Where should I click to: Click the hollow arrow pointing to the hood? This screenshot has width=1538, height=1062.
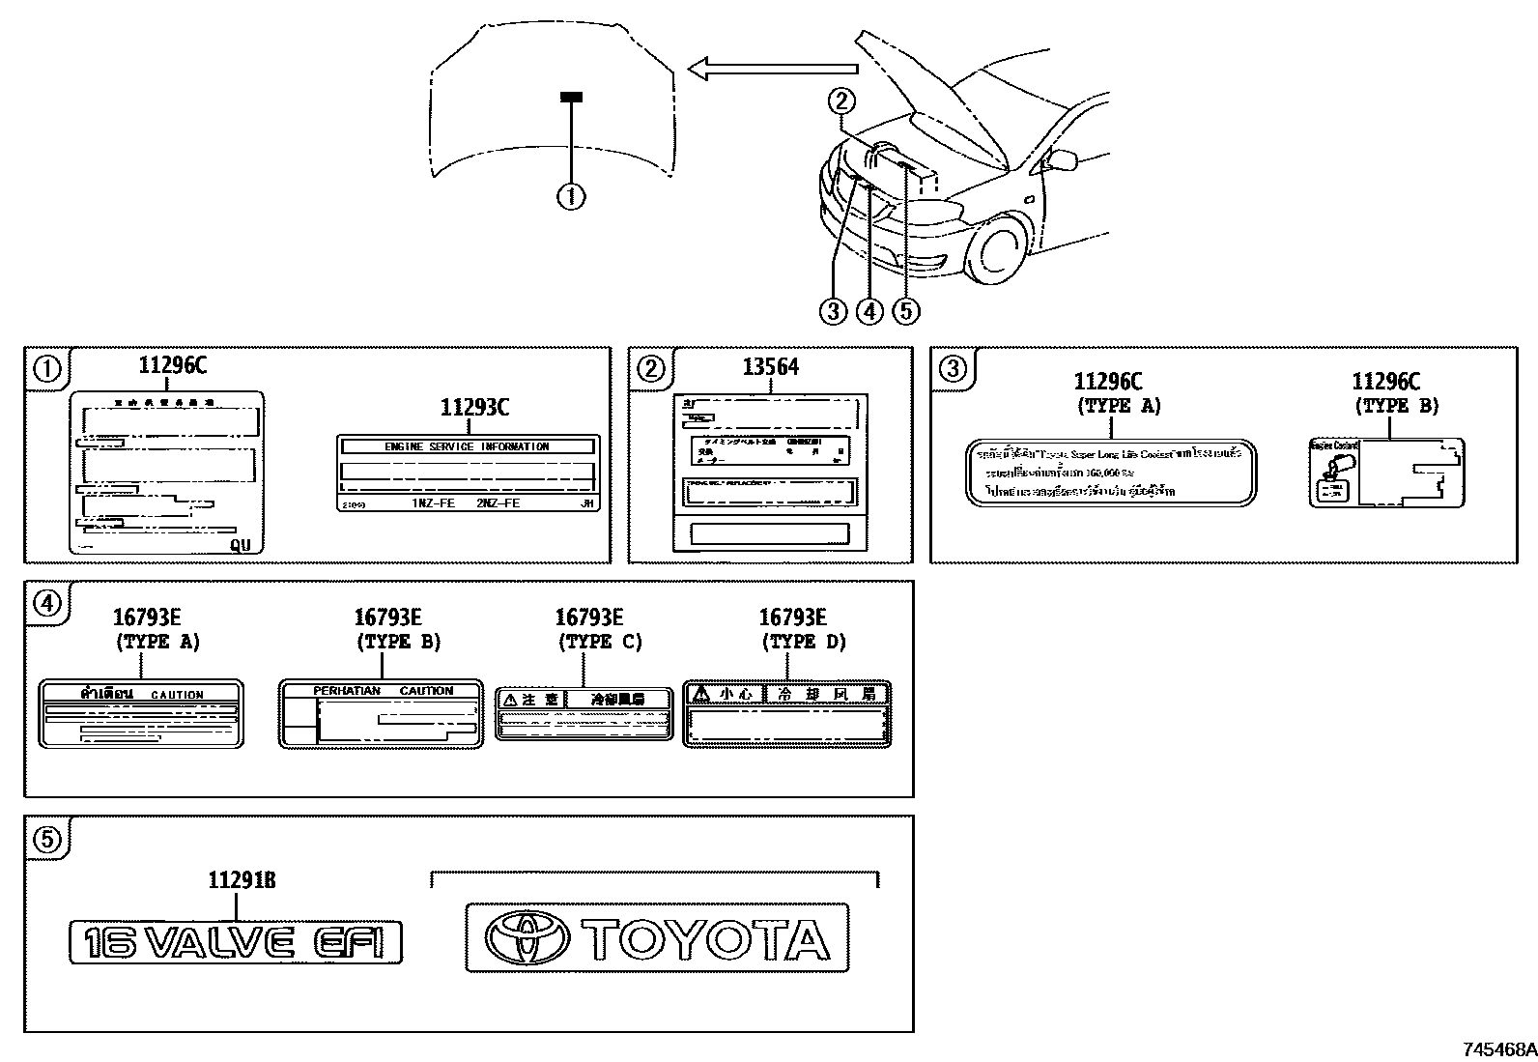[773, 68]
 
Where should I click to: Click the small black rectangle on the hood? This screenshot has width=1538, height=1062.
[572, 97]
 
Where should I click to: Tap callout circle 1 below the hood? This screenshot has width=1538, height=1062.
[571, 197]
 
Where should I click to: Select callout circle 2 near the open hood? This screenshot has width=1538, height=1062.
[841, 100]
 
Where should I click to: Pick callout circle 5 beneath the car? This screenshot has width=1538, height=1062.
[906, 311]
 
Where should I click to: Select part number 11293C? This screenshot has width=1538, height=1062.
[474, 407]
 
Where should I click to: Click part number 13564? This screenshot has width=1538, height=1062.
[770, 367]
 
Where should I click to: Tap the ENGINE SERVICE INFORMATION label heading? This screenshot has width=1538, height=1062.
[467, 446]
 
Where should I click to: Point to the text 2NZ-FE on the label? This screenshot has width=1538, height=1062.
[498, 503]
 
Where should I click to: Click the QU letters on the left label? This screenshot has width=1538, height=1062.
[240, 545]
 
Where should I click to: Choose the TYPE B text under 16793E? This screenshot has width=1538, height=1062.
[399, 642]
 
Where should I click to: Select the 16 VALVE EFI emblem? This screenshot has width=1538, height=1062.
[236, 941]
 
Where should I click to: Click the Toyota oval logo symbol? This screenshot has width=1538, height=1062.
[527, 938]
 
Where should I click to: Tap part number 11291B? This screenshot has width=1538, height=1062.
[242, 880]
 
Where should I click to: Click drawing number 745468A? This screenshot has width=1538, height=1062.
[1498, 1048]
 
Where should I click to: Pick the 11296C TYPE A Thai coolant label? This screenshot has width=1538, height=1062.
[1111, 473]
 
